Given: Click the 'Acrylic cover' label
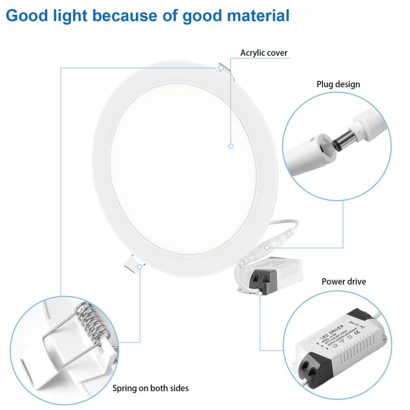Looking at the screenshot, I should tap(264, 53).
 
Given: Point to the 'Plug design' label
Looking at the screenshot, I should tap(338, 84).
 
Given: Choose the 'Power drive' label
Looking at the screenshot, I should tap(344, 282).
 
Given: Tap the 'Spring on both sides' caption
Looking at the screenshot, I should tap(150, 388).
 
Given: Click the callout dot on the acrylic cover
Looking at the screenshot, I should tap(231, 146).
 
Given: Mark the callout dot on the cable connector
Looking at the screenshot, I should tap(267, 247).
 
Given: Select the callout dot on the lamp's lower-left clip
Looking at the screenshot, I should tap(140, 266).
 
